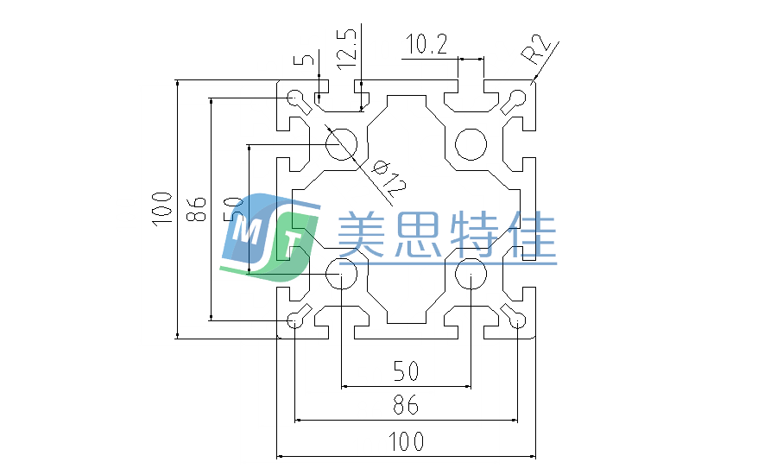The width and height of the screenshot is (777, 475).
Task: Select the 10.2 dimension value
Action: (x=426, y=44)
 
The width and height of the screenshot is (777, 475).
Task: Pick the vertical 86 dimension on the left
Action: (x=197, y=207)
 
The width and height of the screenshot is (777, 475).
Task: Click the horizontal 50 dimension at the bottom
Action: (x=406, y=372)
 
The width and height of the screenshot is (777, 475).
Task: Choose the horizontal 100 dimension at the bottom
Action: (x=406, y=442)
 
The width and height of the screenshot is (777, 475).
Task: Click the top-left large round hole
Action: (x=342, y=143)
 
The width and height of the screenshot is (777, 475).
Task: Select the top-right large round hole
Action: (x=471, y=143)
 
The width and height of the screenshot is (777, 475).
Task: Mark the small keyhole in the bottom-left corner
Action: (x=296, y=320)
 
